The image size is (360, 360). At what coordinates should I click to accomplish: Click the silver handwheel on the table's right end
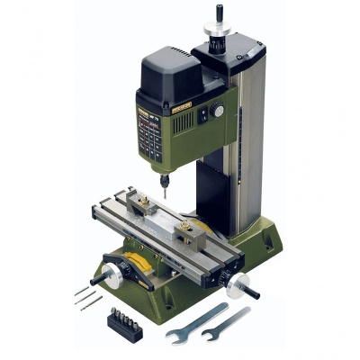237,285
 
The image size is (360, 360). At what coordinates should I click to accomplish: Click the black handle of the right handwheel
253,293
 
